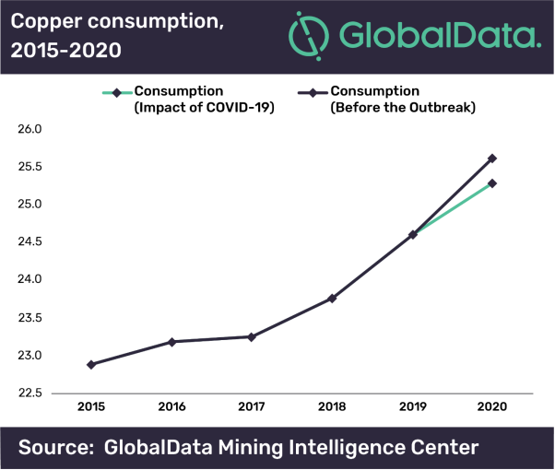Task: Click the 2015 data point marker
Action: click(91, 365)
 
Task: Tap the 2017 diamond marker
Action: click(252, 337)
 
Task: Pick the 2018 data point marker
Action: click(332, 299)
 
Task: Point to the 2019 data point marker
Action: click(412, 235)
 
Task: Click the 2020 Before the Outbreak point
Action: click(492, 159)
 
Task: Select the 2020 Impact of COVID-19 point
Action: click(492, 183)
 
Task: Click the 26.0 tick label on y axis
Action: click(30, 129)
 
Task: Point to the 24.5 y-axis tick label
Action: click(30, 242)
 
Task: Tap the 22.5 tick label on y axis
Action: click(30, 394)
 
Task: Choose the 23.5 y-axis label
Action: click(30, 318)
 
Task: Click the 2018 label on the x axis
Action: click(332, 406)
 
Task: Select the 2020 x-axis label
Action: click(492, 406)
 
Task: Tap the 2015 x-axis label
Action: click(91, 406)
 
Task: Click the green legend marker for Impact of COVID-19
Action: click(116, 92)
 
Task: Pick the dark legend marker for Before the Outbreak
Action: click(313, 92)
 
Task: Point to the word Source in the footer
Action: click(55, 449)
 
